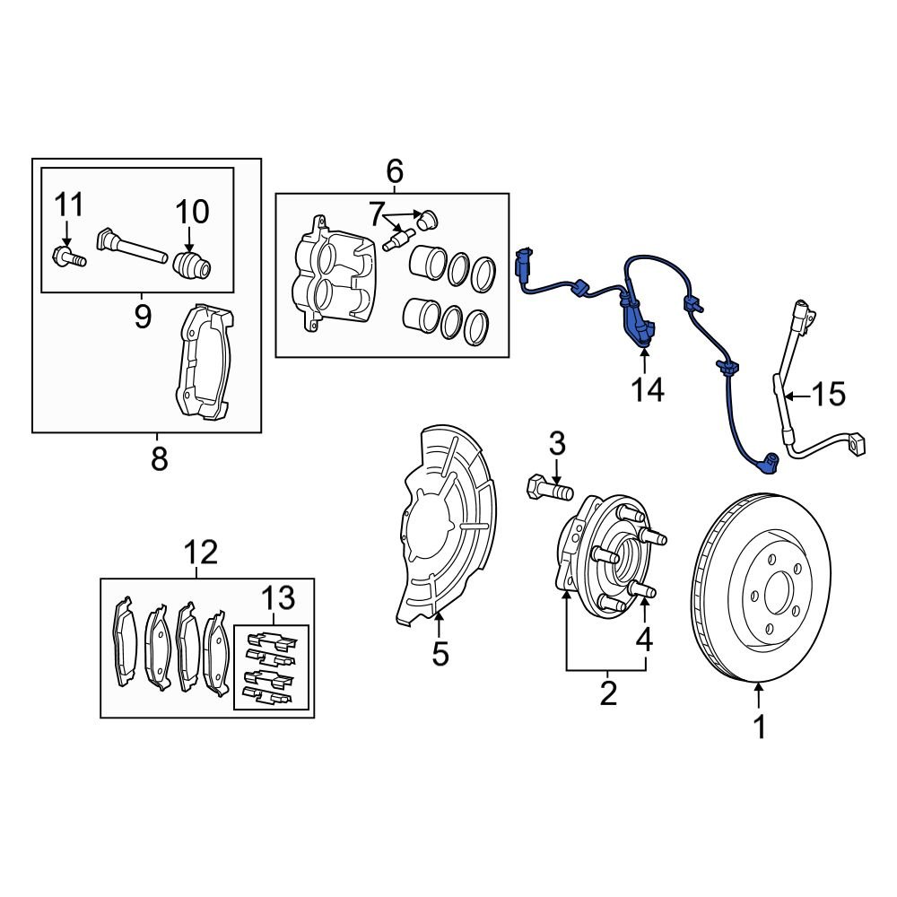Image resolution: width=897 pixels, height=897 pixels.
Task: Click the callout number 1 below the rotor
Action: (x=760, y=727)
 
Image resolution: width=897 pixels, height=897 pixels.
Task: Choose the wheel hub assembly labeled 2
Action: (x=601, y=556)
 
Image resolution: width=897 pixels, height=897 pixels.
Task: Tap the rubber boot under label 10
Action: (x=192, y=266)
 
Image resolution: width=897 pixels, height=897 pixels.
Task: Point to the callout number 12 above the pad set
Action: (x=201, y=553)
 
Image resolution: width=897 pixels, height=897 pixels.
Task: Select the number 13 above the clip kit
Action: (x=277, y=597)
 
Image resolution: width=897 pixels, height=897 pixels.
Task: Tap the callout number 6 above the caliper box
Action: (x=395, y=170)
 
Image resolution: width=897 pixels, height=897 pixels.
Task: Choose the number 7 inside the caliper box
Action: (x=376, y=213)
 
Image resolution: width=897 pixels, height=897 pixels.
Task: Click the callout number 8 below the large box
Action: (x=159, y=458)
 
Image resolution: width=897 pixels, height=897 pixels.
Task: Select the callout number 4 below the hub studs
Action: (x=645, y=640)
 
